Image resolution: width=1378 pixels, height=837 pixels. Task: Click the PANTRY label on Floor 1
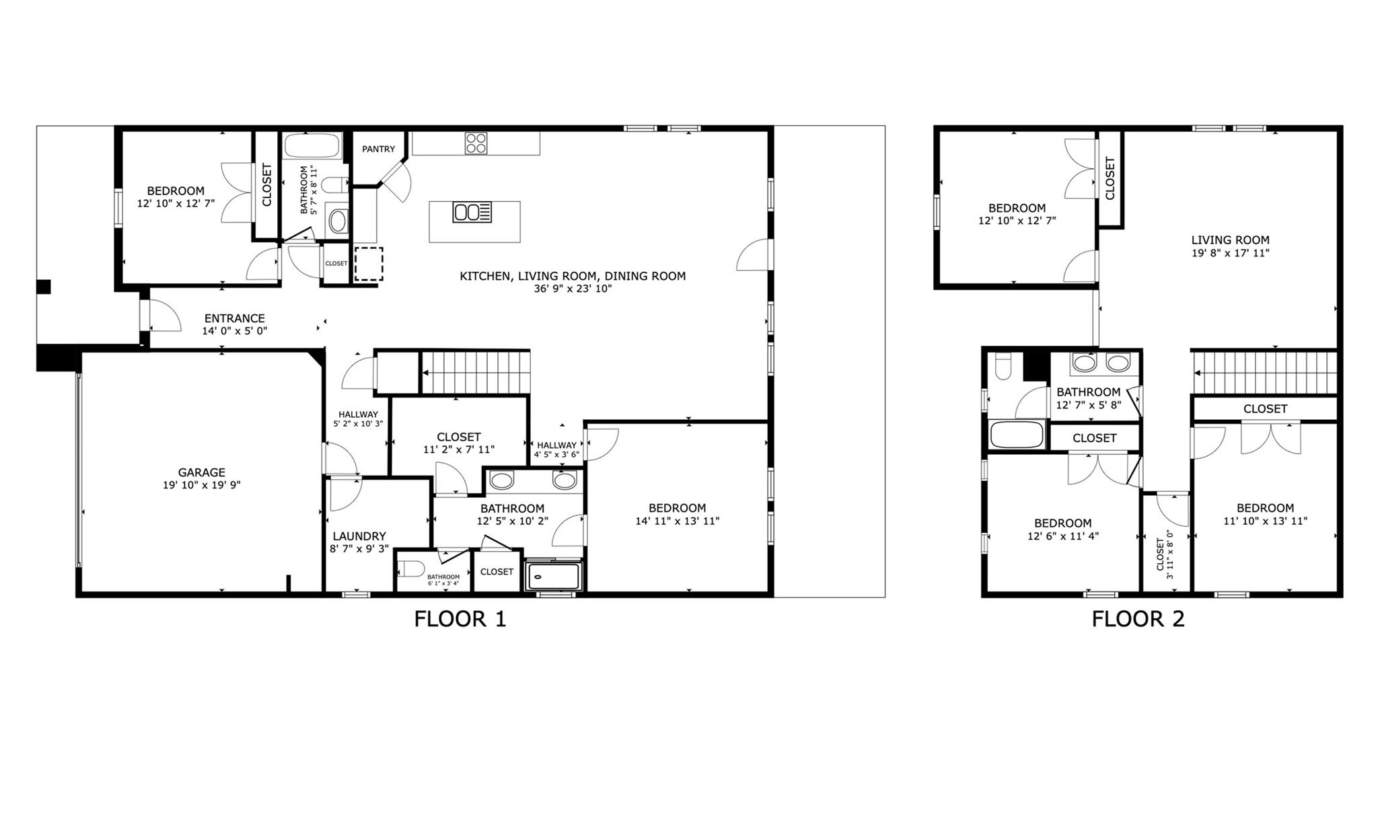(x=378, y=149)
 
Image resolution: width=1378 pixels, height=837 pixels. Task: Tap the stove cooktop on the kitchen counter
(x=476, y=143)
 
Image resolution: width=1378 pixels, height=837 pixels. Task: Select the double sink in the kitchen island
(x=472, y=212)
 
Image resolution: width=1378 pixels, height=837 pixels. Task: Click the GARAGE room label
(x=201, y=472)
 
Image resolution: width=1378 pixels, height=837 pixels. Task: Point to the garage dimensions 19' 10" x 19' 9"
(x=201, y=485)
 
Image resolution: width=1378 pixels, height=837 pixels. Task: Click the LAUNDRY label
(x=359, y=536)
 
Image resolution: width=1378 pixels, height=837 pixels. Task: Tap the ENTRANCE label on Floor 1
(x=234, y=318)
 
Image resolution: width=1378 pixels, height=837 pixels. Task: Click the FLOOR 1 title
(x=460, y=618)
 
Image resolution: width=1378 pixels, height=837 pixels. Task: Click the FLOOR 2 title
(x=1138, y=618)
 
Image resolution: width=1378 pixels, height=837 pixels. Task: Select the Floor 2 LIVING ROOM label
(x=1230, y=240)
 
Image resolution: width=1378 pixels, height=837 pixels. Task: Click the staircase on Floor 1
(x=475, y=372)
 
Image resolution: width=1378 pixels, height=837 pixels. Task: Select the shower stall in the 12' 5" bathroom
(x=553, y=577)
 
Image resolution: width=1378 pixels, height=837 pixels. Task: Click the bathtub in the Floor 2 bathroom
(x=1017, y=434)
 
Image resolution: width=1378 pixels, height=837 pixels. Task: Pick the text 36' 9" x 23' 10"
(x=572, y=289)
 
